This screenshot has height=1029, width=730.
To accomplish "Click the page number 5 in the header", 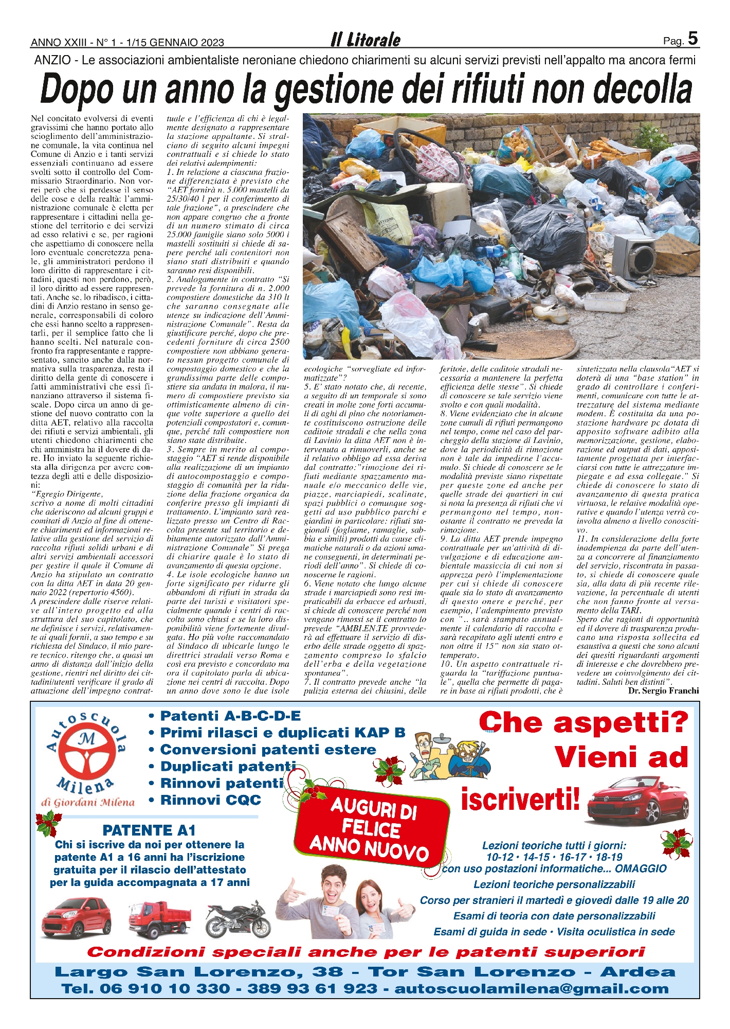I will point(692,39).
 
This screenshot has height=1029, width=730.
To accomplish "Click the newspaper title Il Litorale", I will point(366,40).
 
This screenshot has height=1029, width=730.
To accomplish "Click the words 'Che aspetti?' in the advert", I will point(583,722).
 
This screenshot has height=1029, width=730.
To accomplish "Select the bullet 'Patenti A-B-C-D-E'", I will point(230,716).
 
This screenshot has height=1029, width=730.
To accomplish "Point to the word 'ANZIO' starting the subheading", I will point(52,60).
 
